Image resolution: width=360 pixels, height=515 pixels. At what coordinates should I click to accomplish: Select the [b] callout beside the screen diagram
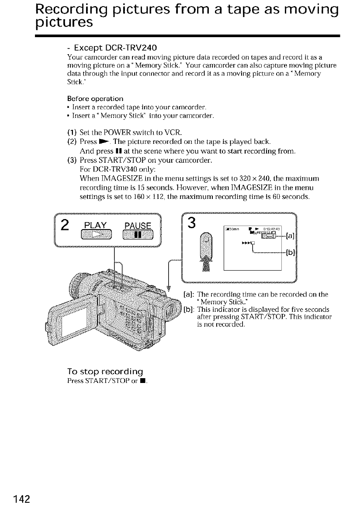click(x=289, y=253)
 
